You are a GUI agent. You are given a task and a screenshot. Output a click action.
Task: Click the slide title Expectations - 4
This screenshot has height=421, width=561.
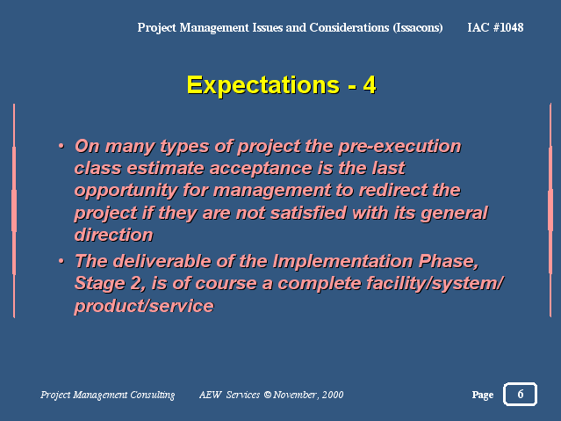pyautogui.click(x=281, y=85)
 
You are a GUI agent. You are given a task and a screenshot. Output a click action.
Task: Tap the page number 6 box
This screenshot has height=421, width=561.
pyautogui.click(x=520, y=394)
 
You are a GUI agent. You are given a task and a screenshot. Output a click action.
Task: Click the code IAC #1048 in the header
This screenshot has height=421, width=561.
pyautogui.click(x=495, y=27)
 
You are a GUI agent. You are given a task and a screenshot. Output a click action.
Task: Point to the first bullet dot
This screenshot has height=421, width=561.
pyautogui.click(x=61, y=146)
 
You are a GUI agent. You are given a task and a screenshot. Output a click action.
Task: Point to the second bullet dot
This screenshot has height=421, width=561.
pyautogui.click(x=61, y=261)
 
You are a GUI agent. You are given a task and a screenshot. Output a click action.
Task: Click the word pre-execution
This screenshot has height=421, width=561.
pyautogui.click(x=399, y=146)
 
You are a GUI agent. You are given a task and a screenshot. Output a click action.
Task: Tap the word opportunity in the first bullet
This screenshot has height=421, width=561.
pyautogui.click(x=126, y=191)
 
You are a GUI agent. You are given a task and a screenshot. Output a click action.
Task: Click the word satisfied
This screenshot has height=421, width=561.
pyautogui.click(x=308, y=213)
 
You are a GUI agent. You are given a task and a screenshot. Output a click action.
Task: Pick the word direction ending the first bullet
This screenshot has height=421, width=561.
pyautogui.click(x=113, y=235)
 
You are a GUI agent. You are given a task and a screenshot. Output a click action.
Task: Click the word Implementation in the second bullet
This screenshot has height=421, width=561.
pyautogui.click(x=342, y=261)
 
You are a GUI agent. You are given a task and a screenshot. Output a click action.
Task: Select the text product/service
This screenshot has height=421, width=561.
pyautogui.click(x=144, y=306)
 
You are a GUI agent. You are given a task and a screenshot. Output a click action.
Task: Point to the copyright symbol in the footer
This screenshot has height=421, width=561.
pyautogui.click(x=268, y=395)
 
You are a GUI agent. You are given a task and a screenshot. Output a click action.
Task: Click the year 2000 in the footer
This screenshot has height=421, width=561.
pyautogui.click(x=333, y=395)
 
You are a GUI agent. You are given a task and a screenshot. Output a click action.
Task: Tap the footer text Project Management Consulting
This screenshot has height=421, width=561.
pyautogui.click(x=108, y=395)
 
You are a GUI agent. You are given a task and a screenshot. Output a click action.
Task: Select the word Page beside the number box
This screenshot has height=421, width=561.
pyautogui.click(x=483, y=395)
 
